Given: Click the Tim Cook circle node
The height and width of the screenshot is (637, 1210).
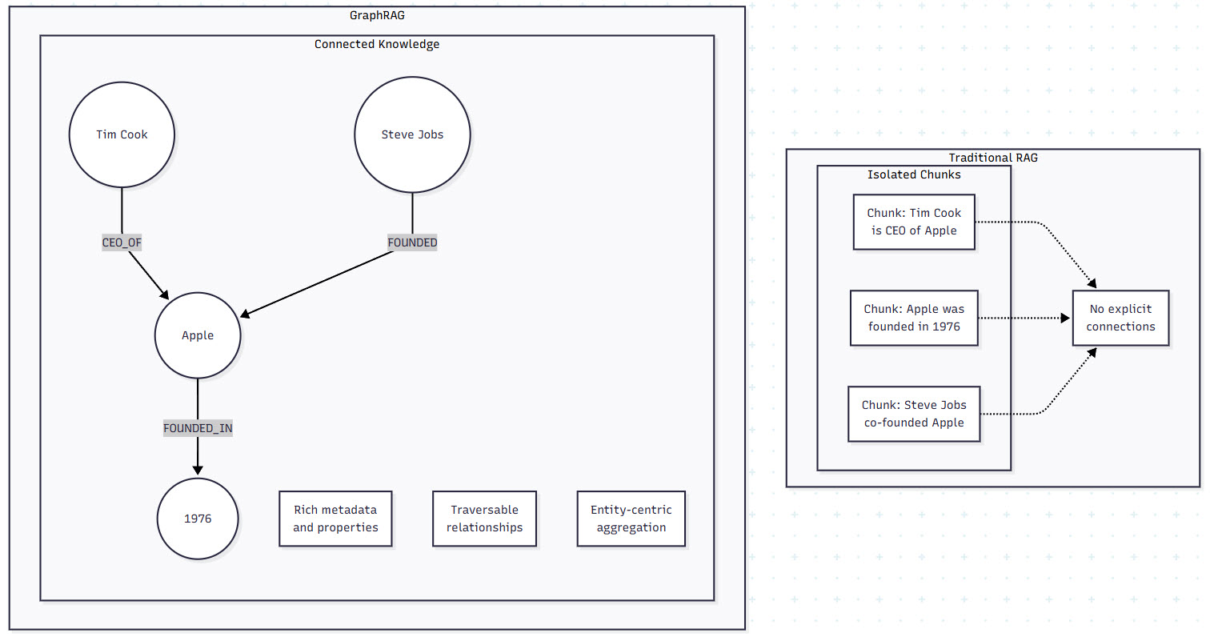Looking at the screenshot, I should coord(122,134).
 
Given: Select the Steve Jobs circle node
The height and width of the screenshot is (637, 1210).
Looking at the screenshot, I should coord(412,134).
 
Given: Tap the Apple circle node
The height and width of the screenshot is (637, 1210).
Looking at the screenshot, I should coord(198,335).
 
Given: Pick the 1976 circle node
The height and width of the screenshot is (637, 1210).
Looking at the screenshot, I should coord(198,519).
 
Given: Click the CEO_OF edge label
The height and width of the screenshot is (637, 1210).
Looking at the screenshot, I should coord(122,242).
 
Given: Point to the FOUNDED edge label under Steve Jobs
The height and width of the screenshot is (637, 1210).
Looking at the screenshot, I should coord(412,242).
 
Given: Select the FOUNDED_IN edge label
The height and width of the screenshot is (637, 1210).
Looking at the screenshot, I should coord(198,428).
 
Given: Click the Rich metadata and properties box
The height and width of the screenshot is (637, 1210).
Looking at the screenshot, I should coord(335,519).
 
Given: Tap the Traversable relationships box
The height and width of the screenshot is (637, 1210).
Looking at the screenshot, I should coord(484,519).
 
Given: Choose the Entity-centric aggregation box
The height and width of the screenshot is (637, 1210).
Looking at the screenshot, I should coord(631,519).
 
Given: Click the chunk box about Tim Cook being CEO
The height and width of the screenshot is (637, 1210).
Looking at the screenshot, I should coord(914,222).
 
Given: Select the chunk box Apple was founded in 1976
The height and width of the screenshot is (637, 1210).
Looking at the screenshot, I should coord(914,318).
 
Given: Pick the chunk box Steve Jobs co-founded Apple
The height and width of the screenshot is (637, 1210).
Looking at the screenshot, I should coord(914,414).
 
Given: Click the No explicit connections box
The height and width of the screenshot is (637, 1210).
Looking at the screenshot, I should coord(1120,318).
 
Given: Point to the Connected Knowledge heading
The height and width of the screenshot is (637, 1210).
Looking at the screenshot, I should coord(377,44).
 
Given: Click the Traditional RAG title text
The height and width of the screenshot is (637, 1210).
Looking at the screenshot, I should coord(992,158).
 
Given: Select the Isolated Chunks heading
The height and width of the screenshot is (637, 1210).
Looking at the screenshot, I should coord(914,174).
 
